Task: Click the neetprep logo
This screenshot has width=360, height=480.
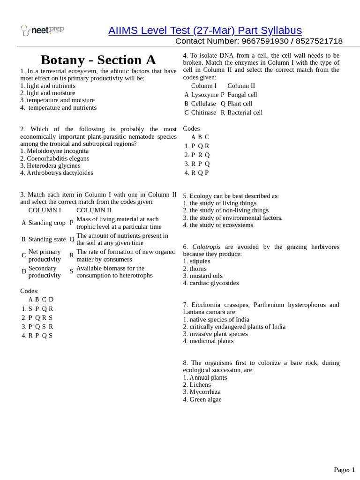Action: coord(43,30)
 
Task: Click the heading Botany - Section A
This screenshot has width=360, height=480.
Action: coord(98,60)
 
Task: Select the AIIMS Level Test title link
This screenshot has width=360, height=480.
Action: coord(205,30)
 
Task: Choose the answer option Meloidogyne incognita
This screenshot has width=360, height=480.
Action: coord(57,151)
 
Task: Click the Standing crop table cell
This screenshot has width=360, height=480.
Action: coord(47,223)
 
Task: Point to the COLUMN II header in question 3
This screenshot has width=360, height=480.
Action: coord(94,210)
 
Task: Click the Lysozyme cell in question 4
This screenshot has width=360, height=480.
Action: coord(204,95)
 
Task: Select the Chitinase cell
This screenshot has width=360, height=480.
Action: coord(203,112)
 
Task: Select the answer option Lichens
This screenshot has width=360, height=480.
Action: coord(200,385)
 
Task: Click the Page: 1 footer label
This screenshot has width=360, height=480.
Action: coord(345,470)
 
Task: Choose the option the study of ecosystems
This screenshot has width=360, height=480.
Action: coord(221,225)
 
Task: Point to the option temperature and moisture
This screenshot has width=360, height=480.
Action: coord(60,100)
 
